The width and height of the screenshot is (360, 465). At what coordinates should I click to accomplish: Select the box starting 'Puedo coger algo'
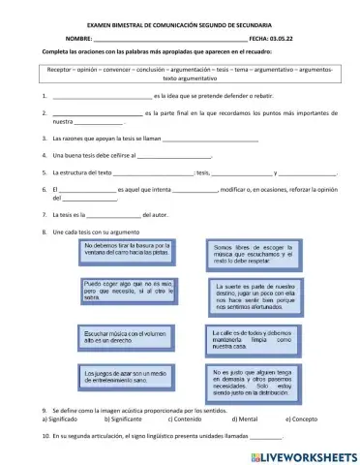[x=121, y=291]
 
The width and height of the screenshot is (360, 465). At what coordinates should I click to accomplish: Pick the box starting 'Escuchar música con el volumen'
[x=121, y=336]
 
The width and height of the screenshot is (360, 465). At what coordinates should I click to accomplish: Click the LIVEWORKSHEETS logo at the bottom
[x=303, y=452]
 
